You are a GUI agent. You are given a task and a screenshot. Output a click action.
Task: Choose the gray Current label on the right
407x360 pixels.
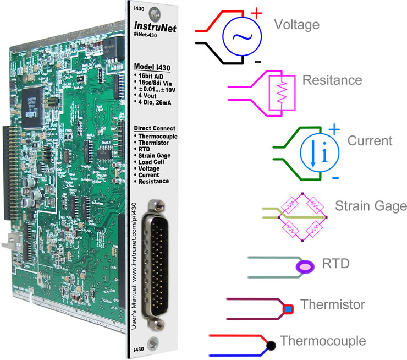tap(370, 141)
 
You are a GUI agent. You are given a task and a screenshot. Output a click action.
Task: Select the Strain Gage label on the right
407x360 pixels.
tap(371, 206)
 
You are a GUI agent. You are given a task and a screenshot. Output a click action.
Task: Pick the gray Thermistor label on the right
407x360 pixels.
tap(333, 304)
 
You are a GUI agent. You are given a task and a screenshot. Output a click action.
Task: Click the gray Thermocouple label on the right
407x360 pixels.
tap(323, 341)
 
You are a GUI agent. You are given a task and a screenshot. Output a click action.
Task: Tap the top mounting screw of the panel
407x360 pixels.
tap(159, 10)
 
